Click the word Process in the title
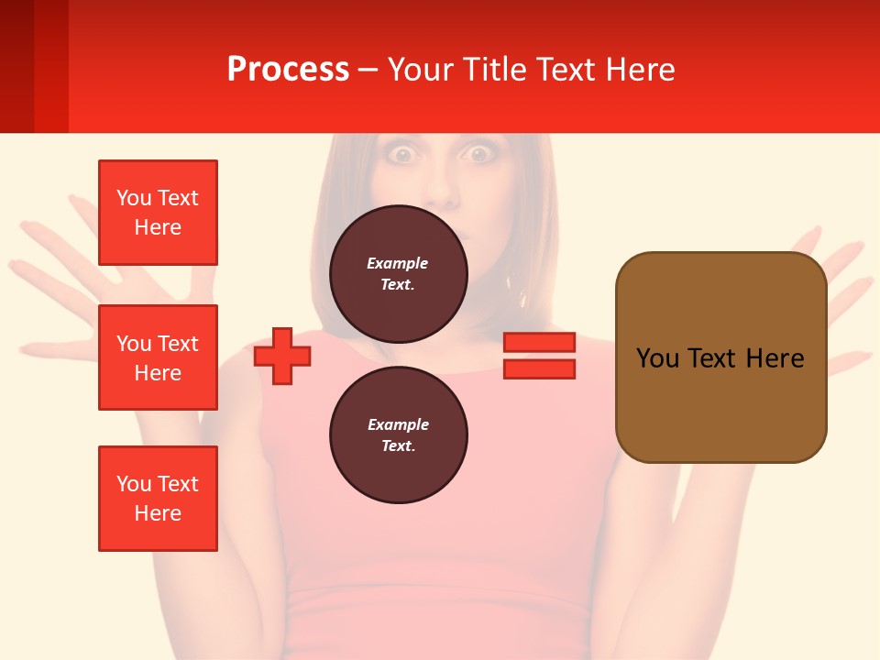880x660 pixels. (x=288, y=70)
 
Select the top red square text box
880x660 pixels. (x=158, y=213)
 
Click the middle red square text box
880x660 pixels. (x=158, y=357)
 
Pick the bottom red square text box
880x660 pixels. (x=158, y=499)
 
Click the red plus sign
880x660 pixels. (x=282, y=356)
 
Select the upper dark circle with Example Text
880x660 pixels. (x=398, y=273)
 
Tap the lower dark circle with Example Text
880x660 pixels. (x=398, y=434)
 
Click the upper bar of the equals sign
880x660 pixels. (x=539, y=342)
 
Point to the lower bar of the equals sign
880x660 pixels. (x=539, y=368)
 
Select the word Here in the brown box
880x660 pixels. (x=775, y=358)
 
